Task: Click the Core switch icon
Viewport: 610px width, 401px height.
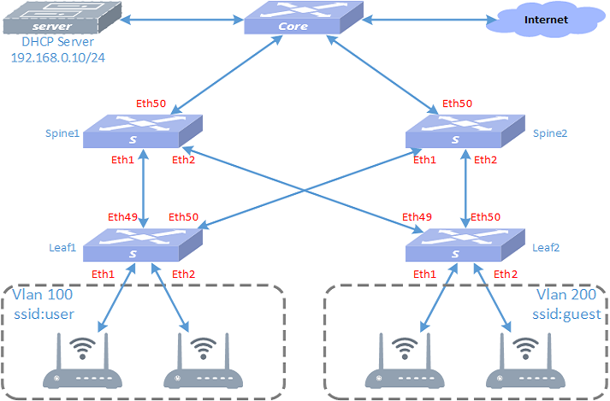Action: click(x=293, y=19)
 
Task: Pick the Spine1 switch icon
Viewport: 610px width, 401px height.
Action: click(x=143, y=132)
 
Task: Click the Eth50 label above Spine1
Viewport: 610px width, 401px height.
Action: click(x=151, y=104)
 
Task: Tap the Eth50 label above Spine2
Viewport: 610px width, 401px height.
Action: click(x=457, y=104)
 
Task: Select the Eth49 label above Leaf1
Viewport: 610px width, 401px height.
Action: click(x=123, y=216)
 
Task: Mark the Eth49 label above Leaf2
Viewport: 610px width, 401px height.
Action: click(x=417, y=216)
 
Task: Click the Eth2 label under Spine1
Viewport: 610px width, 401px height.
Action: click(x=184, y=159)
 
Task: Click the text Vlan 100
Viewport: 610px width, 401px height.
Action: click(x=40, y=296)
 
